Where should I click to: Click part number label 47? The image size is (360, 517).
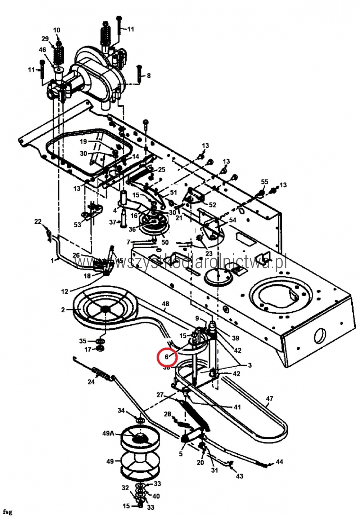click(x=269, y=399)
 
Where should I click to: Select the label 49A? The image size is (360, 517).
click(x=108, y=433)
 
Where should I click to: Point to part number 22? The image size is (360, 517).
click(x=38, y=222)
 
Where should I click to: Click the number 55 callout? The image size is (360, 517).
click(x=265, y=182)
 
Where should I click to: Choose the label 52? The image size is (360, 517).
click(x=212, y=205)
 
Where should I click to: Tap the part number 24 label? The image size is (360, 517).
click(x=91, y=381)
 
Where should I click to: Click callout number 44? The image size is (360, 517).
click(x=279, y=462)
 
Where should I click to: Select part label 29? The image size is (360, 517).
click(x=45, y=39)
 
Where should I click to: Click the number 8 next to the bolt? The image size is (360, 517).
click(x=148, y=76)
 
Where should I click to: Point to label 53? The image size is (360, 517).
click(x=77, y=225)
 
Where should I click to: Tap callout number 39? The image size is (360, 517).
click(x=235, y=338)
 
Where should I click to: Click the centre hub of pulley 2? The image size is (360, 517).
click(x=105, y=309)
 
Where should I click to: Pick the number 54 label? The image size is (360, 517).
click(x=233, y=220)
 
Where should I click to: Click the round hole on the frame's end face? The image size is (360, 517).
click(x=319, y=337)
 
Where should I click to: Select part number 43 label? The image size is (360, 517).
click(x=239, y=476)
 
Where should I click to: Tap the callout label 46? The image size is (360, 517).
click(x=42, y=50)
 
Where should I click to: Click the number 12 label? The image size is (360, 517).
click(x=65, y=291)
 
